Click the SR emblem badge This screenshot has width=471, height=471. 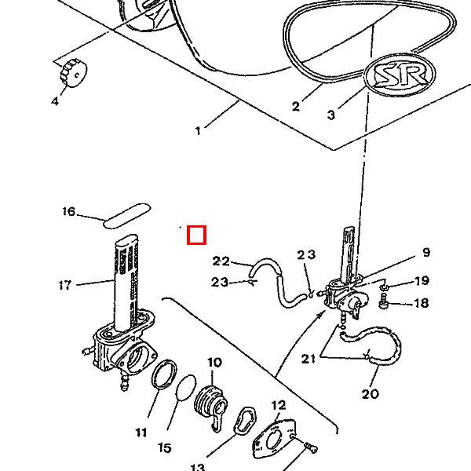click(400, 75)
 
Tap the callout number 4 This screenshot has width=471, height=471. click(55, 101)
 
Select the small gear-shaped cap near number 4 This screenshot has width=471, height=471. click(74, 73)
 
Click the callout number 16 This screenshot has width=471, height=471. click(69, 211)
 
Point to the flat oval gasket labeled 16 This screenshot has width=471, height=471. click(126, 216)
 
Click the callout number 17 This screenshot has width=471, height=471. click(65, 285)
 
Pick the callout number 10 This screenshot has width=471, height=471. click(214, 363)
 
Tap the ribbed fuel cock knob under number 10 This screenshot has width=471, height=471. click(211, 404)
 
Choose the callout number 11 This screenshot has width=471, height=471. click(141, 433)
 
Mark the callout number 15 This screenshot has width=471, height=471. click(165, 448)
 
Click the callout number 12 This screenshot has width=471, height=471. click(279, 405)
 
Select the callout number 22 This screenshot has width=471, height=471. click(221, 261)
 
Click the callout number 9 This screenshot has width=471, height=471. click(426, 252)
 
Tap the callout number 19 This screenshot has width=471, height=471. click(422, 280)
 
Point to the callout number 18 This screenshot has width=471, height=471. click(421, 303)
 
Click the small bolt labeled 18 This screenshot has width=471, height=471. click(384, 301)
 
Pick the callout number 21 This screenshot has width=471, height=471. click(309, 359)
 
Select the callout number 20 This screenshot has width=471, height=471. click(370, 394)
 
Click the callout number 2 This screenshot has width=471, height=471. click(296, 106)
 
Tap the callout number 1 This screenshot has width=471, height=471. click(198, 131)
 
